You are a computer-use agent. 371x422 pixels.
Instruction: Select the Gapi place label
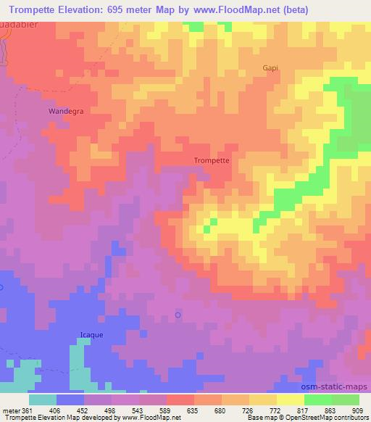click(x=271, y=68)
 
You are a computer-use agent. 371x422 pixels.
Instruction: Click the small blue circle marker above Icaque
click(x=178, y=314)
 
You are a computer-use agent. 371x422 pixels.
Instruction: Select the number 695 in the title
click(x=127, y=9)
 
